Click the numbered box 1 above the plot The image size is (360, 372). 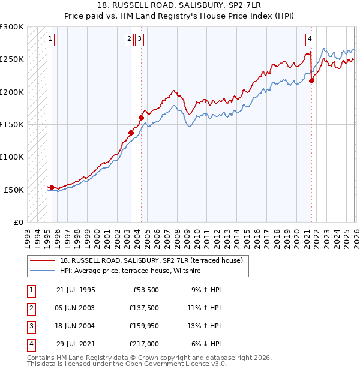(x=50, y=40)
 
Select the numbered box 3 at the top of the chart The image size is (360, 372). (x=139, y=40)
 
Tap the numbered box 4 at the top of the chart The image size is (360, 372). (x=310, y=40)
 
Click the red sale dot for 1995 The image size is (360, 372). (x=52, y=187)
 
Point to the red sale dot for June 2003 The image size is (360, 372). (x=131, y=133)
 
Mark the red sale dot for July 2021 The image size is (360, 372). (x=311, y=81)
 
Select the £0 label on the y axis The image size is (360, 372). (x=18, y=222)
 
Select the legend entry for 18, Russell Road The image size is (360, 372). (x=151, y=260)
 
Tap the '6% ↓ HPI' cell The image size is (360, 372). (x=206, y=344)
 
